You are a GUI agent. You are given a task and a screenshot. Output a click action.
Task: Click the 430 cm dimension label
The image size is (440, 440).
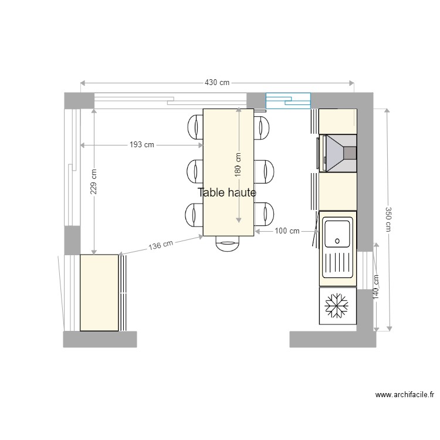click(217, 83)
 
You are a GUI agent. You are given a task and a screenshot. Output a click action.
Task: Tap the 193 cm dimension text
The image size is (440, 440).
click(142, 145)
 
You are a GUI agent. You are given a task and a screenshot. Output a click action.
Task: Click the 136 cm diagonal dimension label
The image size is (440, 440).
click(161, 245)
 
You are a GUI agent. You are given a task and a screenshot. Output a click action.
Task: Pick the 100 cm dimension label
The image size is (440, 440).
click(287, 231)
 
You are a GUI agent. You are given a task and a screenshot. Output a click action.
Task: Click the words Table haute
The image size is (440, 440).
click(227, 192)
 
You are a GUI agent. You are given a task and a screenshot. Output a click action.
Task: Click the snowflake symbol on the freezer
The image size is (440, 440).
click(337, 306)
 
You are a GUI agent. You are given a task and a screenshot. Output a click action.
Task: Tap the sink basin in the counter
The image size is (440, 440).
click(338, 233)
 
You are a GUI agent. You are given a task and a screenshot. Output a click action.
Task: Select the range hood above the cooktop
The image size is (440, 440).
click(339, 153)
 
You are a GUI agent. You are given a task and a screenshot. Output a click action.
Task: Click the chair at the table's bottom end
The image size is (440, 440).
click(228, 243)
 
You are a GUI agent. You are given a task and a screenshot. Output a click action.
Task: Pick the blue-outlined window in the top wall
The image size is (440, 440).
click(288, 101)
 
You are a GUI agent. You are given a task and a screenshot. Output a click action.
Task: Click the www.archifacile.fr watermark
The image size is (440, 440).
click(405, 396)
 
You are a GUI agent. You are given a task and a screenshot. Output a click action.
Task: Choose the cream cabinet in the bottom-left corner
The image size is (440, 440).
click(99, 292)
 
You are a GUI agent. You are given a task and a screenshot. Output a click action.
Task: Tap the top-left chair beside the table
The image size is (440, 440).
click(195, 127)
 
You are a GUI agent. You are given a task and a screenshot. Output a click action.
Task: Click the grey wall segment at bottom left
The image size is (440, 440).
click(100, 339)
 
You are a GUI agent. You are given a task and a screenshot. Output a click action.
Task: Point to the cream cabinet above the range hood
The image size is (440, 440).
click(337, 121)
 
